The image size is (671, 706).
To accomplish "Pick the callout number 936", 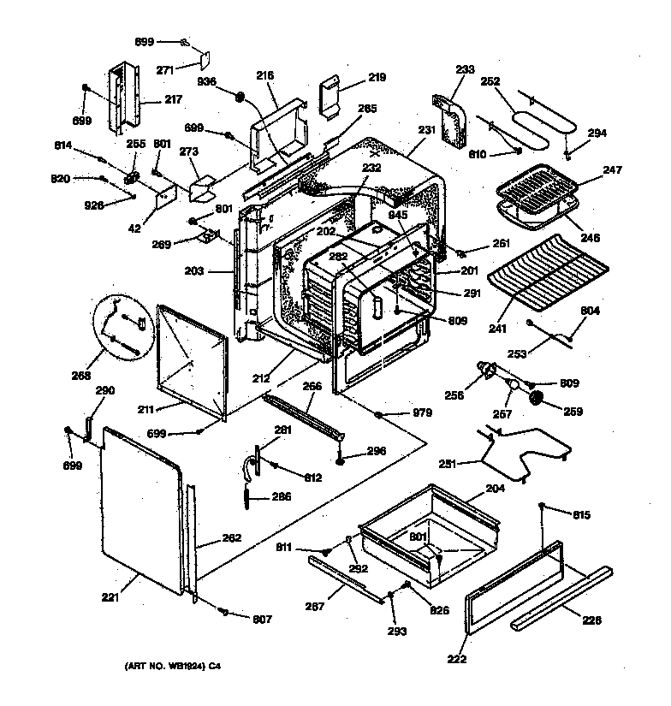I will point(208,81).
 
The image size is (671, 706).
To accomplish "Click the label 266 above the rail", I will point(313,386).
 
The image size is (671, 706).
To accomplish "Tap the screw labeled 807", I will point(223,613).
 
